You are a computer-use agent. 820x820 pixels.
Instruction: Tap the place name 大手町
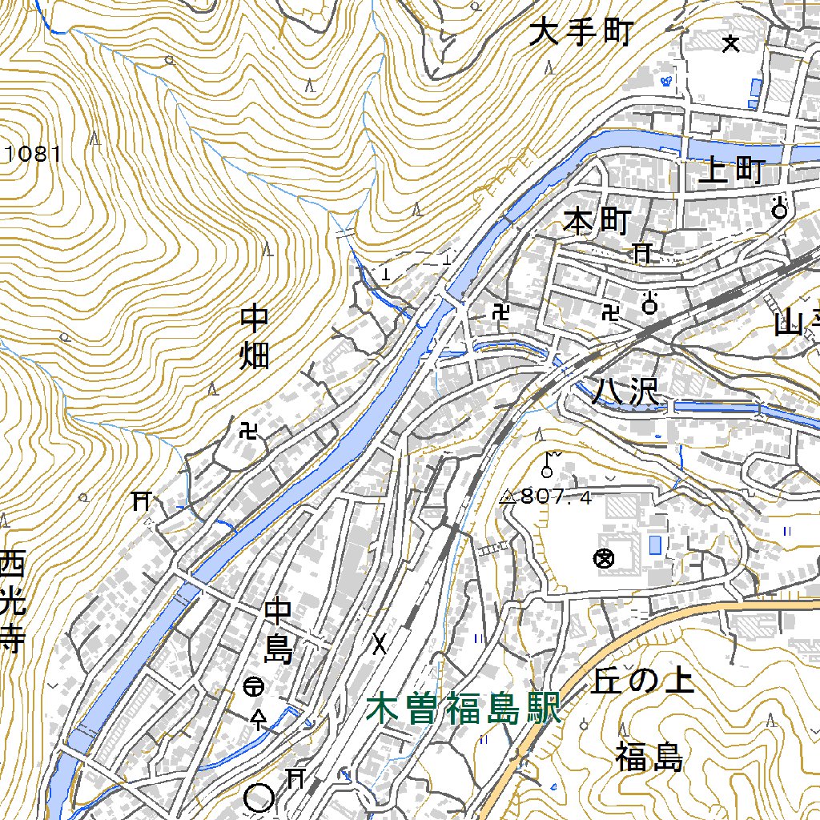[581, 34]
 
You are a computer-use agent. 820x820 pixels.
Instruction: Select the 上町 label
[732, 171]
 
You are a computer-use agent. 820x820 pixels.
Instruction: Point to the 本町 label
[597, 222]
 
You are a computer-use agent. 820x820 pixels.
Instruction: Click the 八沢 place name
[625, 392]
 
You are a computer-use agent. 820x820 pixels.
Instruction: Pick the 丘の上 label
[644, 681]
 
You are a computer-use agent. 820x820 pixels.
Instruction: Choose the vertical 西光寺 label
[13, 601]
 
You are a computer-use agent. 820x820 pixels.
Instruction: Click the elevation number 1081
[33, 154]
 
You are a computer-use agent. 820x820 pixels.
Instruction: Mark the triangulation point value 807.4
[557, 497]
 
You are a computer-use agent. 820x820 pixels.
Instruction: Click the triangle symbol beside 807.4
[507, 497]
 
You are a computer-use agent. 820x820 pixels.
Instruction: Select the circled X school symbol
[605, 558]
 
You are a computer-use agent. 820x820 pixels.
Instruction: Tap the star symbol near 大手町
[730, 44]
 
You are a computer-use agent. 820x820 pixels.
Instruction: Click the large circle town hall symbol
[259, 797]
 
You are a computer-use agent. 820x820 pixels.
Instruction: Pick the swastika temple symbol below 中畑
[249, 432]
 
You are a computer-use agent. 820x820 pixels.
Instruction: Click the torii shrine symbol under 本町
[642, 254]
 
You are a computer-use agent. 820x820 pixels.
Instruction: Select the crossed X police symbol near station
[379, 643]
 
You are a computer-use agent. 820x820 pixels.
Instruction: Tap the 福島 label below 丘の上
[649, 757]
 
